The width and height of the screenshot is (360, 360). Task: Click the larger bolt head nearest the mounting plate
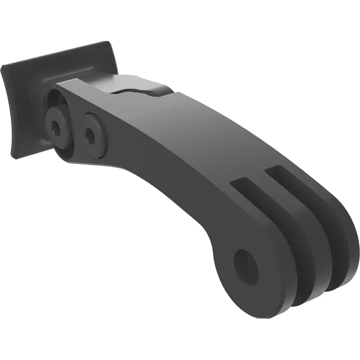tap(58, 121)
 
